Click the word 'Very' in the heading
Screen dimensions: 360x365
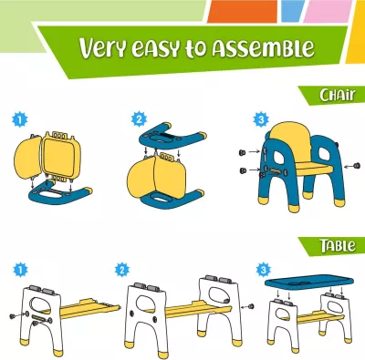tap(108, 48)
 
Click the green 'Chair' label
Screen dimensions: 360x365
tap(330, 95)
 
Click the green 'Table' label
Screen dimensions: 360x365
tap(330, 244)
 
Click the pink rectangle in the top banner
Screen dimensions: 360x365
tap(324, 11)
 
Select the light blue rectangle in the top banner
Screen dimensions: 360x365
tap(292, 11)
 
